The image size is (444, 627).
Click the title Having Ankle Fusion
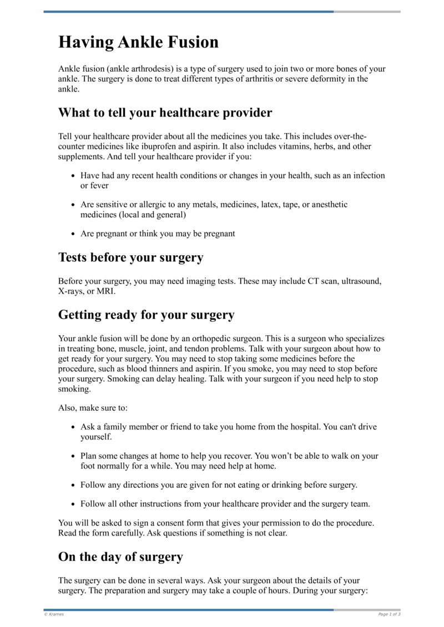point(138,43)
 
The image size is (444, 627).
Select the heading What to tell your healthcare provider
point(165,113)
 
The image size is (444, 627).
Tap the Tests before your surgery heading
point(130,257)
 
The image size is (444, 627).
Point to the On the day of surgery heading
point(120,557)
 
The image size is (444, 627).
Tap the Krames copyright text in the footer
point(54,614)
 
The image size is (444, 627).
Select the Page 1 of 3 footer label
point(389,614)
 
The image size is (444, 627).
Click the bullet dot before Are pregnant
point(73,234)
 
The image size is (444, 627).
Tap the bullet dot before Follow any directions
point(73,485)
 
